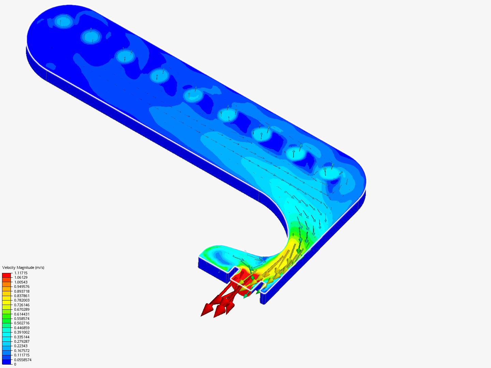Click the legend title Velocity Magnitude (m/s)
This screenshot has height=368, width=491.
[x=23, y=267]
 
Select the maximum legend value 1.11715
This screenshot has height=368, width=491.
[x=21, y=273]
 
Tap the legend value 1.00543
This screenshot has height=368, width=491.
[x=21, y=282]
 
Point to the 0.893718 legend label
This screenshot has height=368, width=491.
[x=22, y=291]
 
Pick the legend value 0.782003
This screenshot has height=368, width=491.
[x=22, y=301]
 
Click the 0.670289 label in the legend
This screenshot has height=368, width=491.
[x=22, y=309]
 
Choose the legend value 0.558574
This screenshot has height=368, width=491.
[x=22, y=319]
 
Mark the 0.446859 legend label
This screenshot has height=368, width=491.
[x=22, y=328]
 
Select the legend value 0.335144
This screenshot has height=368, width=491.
[x=22, y=337]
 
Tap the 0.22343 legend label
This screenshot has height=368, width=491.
[x=21, y=346]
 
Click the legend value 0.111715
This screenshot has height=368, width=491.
[x=22, y=355]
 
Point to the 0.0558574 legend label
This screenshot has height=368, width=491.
[x=23, y=360]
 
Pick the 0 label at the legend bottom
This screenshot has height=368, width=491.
[x=15, y=364]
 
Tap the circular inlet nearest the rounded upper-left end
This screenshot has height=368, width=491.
[x=63, y=21]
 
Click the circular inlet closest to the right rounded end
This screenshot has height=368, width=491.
[x=329, y=173]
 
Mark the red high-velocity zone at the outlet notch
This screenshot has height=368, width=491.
[x=244, y=285]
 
